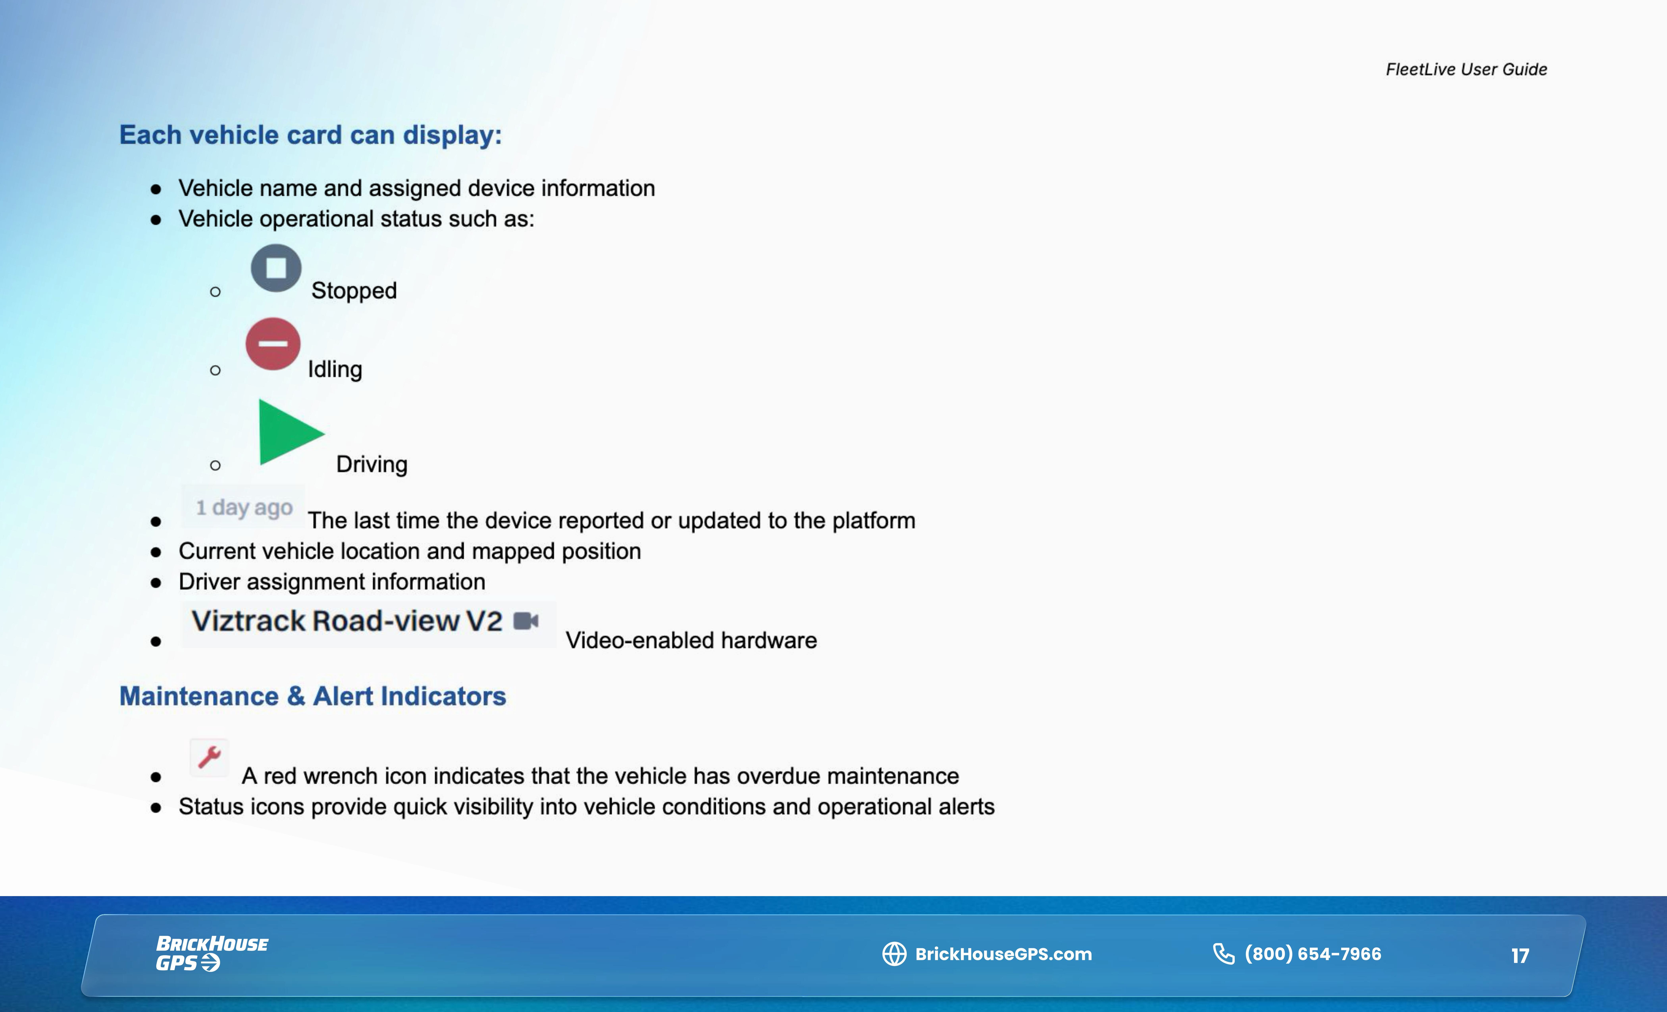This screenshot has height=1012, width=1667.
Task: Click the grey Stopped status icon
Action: point(276,268)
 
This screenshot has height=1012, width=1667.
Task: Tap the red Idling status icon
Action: point(273,344)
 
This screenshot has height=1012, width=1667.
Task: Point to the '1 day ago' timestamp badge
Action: point(244,507)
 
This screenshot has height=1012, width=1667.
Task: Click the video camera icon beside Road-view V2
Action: point(526,620)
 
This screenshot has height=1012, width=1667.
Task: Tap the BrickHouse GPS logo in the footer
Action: point(211,953)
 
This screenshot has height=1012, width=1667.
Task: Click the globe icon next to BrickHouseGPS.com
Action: point(894,954)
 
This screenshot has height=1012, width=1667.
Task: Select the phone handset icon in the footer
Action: point(1223,954)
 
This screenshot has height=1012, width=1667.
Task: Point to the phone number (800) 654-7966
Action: point(1313,954)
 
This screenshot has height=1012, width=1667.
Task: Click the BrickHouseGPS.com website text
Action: point(1003,954)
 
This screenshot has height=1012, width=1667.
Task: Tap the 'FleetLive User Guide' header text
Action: point(1466,69)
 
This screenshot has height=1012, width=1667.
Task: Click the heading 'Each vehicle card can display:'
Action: point(311,135)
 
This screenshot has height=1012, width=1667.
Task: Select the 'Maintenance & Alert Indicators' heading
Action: point(313,696)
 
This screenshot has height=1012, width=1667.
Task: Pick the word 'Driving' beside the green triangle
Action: point(372,464)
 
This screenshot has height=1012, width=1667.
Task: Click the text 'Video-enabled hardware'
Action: point(691,640)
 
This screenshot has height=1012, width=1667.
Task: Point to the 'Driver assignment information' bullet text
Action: point(331,582)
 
